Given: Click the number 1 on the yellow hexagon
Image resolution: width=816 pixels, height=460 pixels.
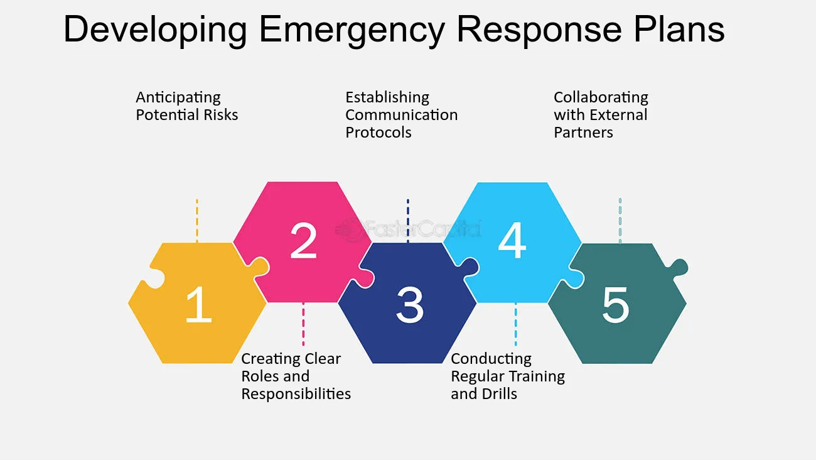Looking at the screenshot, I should pos(199,305).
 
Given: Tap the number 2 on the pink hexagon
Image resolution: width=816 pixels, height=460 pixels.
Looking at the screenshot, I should pos(303,241).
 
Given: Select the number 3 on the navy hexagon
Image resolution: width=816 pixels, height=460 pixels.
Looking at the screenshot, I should pos(409,305).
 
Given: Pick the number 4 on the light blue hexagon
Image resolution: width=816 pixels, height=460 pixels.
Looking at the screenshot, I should pos(512,241).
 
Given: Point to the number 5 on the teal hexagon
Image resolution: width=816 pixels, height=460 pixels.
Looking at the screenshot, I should pos(615,305).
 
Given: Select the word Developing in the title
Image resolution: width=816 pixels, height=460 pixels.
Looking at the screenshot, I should pos(157,30).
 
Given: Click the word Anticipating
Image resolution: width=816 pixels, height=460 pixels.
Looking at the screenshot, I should pos(178,98).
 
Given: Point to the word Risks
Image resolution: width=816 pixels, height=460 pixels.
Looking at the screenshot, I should pos(222,115).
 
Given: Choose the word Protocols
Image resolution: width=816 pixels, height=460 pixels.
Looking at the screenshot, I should pos(378,133).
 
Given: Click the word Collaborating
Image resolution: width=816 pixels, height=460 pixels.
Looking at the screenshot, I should pos(601,98).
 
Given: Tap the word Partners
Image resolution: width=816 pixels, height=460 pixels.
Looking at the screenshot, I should pos(583,133).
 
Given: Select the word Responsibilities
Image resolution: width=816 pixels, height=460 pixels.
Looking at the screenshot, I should pos(296,394).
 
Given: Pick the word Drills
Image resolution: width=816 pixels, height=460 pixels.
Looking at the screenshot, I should pos(501,394).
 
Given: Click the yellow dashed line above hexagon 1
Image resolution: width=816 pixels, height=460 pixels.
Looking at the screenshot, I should pos(197,220).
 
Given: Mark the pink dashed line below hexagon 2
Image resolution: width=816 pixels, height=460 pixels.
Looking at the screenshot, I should pos(303,324).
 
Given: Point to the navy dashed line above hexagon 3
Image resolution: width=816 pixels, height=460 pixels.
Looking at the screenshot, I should pos(408,220).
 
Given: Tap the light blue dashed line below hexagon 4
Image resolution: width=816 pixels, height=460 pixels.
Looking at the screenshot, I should pos(516,324).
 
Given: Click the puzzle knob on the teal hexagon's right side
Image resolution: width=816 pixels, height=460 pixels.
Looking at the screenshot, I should pos(679,266).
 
